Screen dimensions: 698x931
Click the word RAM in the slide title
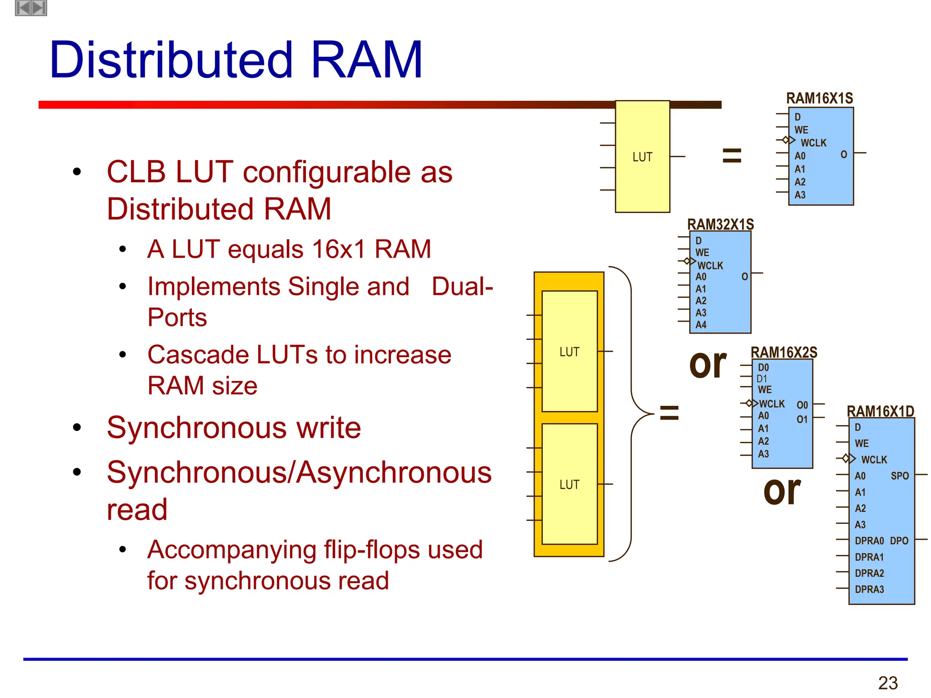[x=366, y=60]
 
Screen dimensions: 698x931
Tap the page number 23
[x=888, y=683]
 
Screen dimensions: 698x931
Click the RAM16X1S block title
[x=819, y=98]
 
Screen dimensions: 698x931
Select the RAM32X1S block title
[x=720, y=224]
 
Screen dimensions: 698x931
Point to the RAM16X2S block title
[x=783, y=352]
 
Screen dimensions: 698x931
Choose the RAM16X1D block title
[x=880, y=411]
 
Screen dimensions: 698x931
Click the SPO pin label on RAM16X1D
[x=899, y=476]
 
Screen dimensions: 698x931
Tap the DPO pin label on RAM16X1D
[x=899, y=541]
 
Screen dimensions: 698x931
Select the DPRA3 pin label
[x=869, y=589]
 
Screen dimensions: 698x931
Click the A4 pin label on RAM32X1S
[x=701, y=325]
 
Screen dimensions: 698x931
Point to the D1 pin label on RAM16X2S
[x=761, y=379]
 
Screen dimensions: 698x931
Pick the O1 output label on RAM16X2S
[x=802, y=419]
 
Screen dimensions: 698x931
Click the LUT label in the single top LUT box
[x=642, y=157]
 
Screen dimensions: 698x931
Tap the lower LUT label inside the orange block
[x=569, y=484]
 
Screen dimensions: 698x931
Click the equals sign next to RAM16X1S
[x=731, y=155]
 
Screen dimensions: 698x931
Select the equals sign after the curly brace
[x=669, y=413]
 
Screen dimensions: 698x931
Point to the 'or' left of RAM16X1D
[x=781, y=491]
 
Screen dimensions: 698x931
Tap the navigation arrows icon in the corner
[x=31, y=8]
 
